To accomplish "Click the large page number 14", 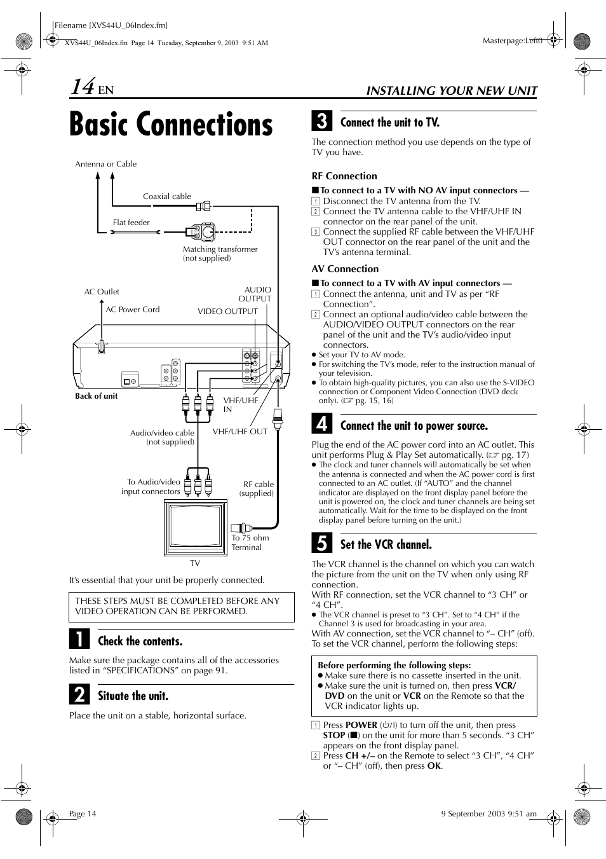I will (x=83, y=86).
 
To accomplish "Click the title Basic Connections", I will (x=171, y=125).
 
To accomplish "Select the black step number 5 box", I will (x=321, y=544).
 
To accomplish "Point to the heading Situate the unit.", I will (x=133, y=696).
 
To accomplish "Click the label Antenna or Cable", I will (x=105, y=164).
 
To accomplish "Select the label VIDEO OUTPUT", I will (x=227, y=312).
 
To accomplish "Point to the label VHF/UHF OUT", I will (x=239, y=431).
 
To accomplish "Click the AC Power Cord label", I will (x=132, y=310).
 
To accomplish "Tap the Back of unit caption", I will (x=96, y=396).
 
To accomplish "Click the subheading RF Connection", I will (x=344, y=176).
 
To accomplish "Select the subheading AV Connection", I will (x=344, y=269).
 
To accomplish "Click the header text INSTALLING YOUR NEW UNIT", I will (x=451, y=90).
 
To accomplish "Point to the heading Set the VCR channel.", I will (x=386, y=544).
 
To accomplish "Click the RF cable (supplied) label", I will (x=258, y=488).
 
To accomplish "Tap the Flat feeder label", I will (x=131, y=223).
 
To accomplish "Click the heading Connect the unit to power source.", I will (x=414, y=426).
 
